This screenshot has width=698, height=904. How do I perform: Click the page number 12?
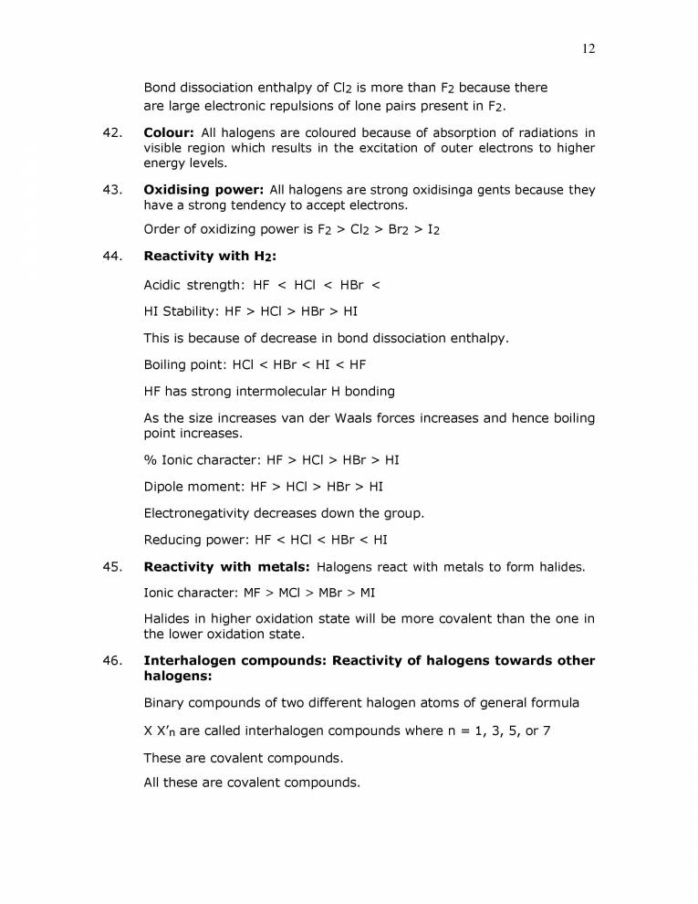click(x=589, y=48)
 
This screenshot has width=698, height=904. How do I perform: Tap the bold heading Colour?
click(x=169, y=133)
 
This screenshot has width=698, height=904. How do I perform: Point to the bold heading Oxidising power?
click(x=204, y=190)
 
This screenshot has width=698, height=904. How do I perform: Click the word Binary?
click(x=165, y=703)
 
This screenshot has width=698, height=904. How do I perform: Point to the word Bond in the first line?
click(x=161, y=88)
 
